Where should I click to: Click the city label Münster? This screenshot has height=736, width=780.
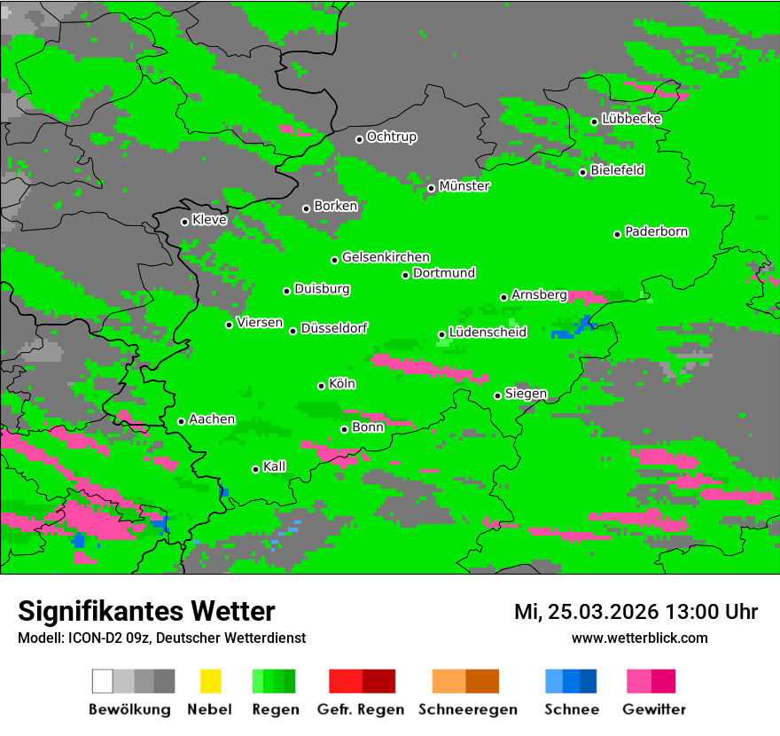pyautogui.click(x=464, y=186)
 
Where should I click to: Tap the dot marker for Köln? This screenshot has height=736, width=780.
pyautogui.click(x=322, y=386)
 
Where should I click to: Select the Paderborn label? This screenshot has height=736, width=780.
pyautogui.click(x=657, y=231)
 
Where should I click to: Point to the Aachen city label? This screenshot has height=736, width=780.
pyautogui.click(x=212, y=419)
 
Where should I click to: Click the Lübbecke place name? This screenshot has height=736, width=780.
pyautogui.click(x=632, y=119)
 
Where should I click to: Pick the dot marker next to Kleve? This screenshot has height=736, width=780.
pyautogui.click(x=184, y=222)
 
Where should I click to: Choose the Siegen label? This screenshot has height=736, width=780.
pyautogui.click(x=526, y=394)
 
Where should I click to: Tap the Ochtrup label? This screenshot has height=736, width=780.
pyautogui.click(x=392, y=137)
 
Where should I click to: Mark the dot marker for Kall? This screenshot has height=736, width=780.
pyautogui.click(x=256, y=469)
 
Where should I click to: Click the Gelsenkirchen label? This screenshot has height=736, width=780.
pyautogui.click(x=386, y=257)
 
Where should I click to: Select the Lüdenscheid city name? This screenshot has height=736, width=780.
pyautogui.click(x=487, y=333)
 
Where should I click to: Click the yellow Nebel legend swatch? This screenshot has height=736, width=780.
pyautogui.click(x=210, y=681)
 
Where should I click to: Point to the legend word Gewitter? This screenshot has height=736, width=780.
pyautogui.click(x=654, y=709)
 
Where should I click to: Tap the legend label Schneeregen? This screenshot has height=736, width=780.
pyautogui.click(x=468, y=709)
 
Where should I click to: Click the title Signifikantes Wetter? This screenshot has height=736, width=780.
pyautogui.click(x=146, y=611)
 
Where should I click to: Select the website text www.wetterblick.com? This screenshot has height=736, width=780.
pyautogui.click(x=640, y=638)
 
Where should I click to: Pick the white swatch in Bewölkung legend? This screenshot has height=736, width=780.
pyautogui.click(x=103, y=681)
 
